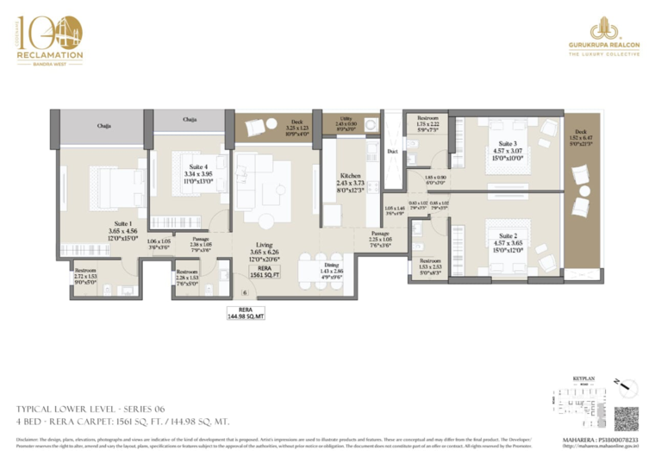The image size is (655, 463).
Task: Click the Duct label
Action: [x=392, y=151]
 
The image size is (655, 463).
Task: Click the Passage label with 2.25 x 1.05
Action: [x=381, y=239]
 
